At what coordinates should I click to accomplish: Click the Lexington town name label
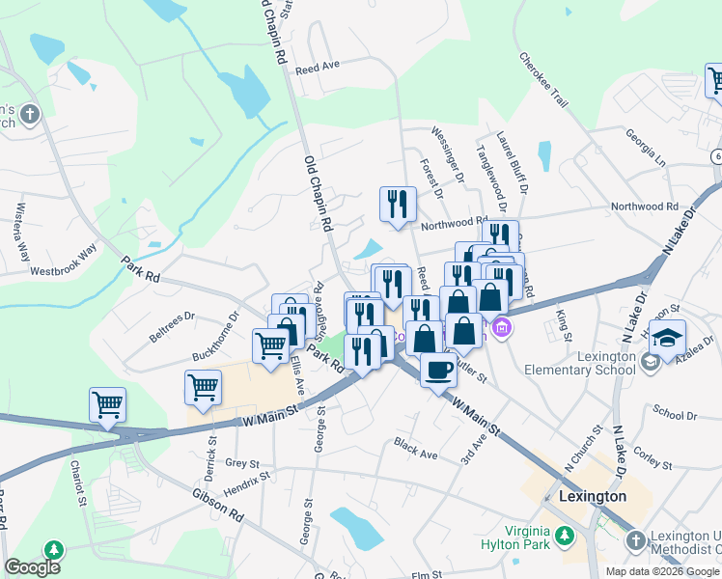592,496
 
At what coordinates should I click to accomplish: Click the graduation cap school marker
666,339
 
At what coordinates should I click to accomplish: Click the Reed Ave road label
318,68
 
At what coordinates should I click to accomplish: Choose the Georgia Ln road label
645,145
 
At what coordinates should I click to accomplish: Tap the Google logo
32,567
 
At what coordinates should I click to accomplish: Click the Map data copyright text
662,570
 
